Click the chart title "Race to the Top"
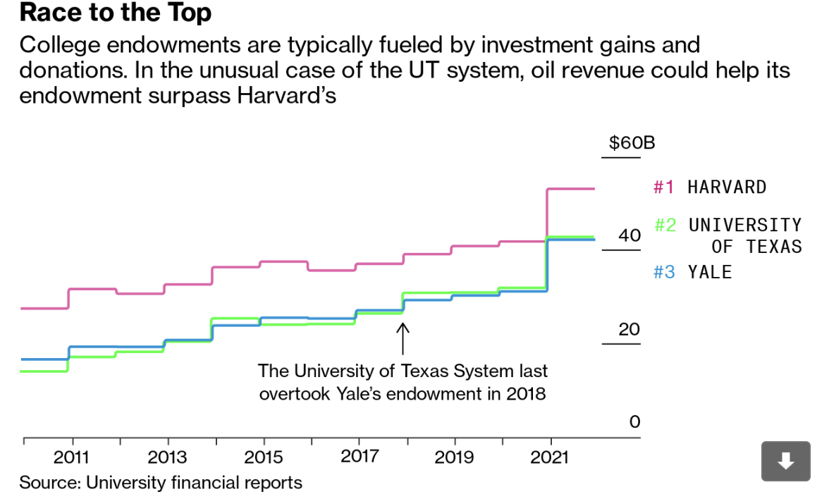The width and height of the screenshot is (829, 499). pos(116,13)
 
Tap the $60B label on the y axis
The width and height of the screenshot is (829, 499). pos(632,144)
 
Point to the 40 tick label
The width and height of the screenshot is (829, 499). pos(630,235)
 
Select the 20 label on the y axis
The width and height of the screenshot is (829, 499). pos(630,329)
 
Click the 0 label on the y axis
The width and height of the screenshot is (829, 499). pos(634,421)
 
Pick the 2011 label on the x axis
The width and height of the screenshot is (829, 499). pos(71,457)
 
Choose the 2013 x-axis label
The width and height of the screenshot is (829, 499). pos(167,457)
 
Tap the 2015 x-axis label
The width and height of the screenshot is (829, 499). pos(263,457)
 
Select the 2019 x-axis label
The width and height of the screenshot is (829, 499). pos(455,457)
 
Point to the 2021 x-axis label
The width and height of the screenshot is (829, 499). pos(550,457)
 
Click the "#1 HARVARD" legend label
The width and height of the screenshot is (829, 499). pos(710,187)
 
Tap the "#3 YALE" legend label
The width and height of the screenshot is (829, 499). pos(693,272)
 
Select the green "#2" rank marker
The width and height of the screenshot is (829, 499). pos(665,225)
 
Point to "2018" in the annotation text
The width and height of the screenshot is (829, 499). pos(526,393)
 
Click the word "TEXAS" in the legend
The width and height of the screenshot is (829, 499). pos(775,246)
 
